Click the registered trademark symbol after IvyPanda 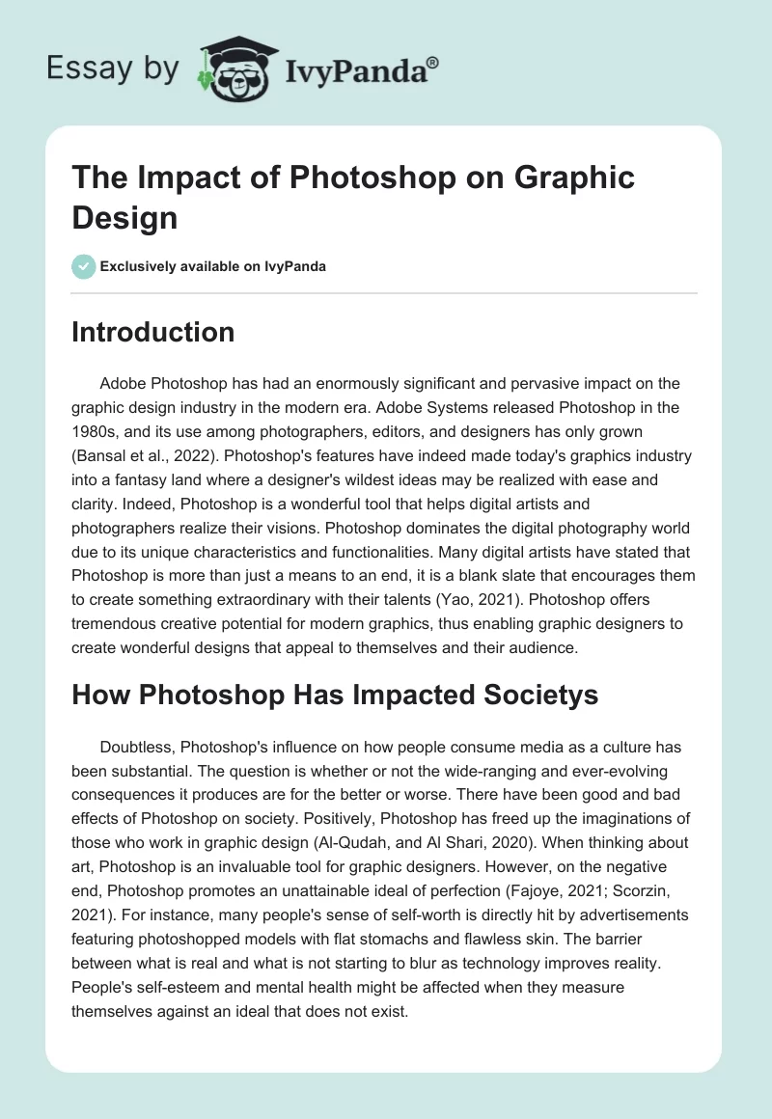point(432,62)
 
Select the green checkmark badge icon point(83,266)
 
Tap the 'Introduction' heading point(153,333)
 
